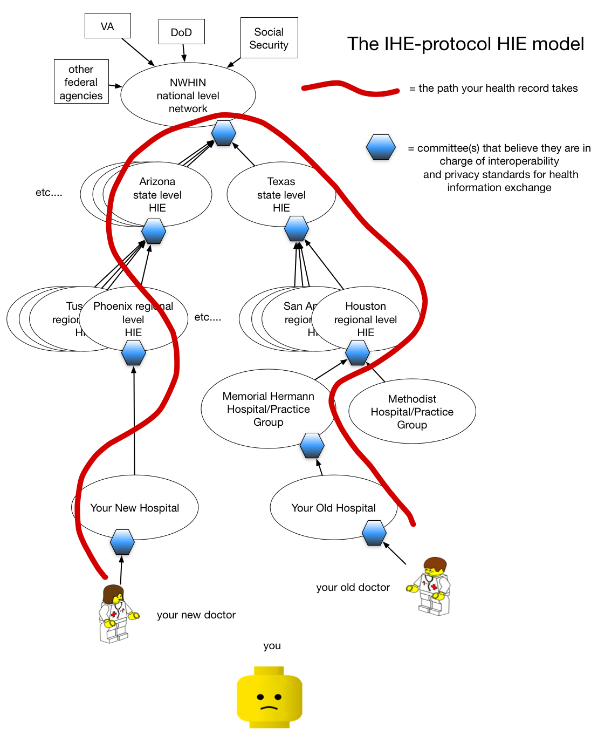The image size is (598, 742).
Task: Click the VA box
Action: click(107, 26)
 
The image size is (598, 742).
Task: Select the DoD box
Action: click(181, 32)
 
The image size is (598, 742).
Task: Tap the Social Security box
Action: click(269, 38)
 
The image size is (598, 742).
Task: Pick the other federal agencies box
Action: click(81, 82)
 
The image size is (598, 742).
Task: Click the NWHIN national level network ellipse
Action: click(188, 94)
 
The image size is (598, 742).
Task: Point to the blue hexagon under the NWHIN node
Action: click(223, 133)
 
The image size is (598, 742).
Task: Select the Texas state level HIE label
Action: click(281, 194)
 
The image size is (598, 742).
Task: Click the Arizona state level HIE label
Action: click(157, 194)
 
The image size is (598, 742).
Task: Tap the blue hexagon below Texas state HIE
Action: click(297, 228)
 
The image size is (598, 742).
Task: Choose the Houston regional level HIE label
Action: click(366, 319)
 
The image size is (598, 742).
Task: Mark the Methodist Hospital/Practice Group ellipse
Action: click(412, 411)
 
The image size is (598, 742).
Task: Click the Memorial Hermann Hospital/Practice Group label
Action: click(268, 409)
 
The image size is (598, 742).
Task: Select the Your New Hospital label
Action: click(134, 508)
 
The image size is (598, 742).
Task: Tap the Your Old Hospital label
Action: click(333, 508)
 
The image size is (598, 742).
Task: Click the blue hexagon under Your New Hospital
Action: click(122, 542)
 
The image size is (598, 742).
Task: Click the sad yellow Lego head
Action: click(269, 697)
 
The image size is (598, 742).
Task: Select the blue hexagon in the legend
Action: click(381, 147)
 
